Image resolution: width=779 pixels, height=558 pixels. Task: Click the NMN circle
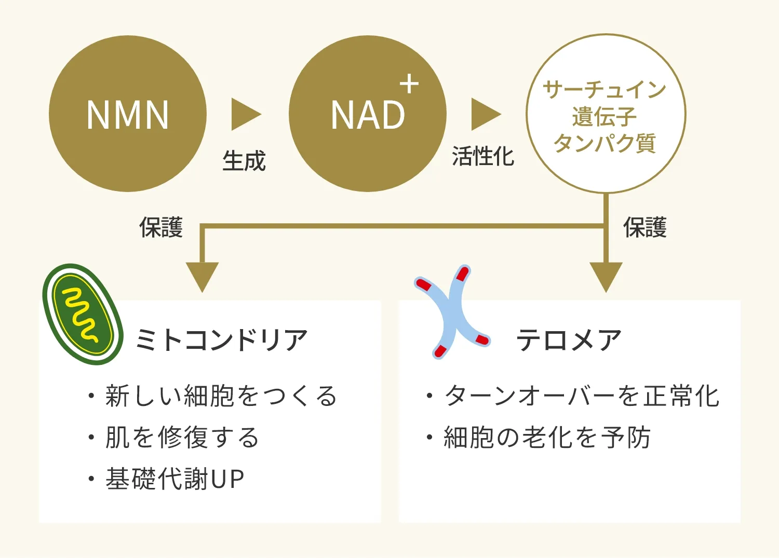point(128,114)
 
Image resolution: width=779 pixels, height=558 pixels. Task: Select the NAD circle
point(367,114)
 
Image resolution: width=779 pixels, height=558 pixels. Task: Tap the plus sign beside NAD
point(409,84)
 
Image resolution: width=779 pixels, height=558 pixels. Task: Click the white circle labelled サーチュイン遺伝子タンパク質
point(606,114)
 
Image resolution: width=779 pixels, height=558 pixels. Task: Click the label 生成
point(244,160)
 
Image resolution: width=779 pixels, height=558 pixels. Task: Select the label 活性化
point(483,156)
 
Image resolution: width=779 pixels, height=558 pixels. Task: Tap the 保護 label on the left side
point(161,227)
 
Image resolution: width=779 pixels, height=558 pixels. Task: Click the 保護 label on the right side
point(644,227)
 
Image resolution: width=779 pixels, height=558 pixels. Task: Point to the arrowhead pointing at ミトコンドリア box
point(202,276)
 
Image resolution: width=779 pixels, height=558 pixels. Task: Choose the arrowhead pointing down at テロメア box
point(606,276)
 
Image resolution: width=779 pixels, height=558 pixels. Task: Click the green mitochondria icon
point(83,315)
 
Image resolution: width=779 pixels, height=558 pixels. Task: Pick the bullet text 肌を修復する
point(182,437)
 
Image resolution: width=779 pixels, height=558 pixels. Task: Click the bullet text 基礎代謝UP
point(174,479)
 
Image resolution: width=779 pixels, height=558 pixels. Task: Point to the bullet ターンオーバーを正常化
point(582,396)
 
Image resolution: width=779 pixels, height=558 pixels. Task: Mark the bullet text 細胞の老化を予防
point(547,437)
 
